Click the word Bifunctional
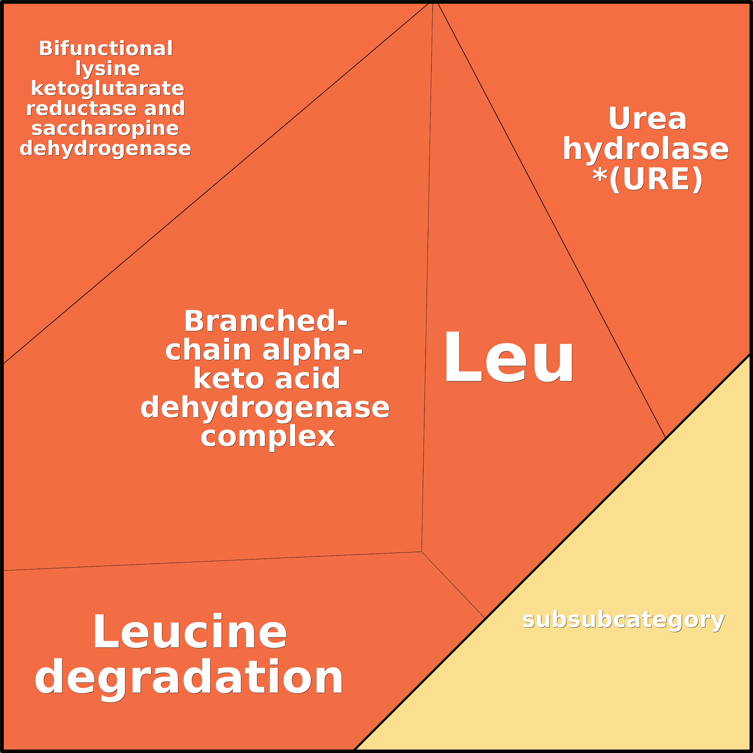pyautogui.click(x=106, y=49)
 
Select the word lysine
pyautogui.click(x=108, y=69)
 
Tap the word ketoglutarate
pyautogui.click(x=107, y=89)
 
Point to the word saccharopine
pyautogui.click(x=105, y=129)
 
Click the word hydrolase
pyautogui.click(x=645, y=149)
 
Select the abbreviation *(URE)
pyautogui.click(x=647, y=179)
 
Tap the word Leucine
pyautogui.click(x=190, y=632)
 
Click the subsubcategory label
pyautogui.click(x=623, y=620)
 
